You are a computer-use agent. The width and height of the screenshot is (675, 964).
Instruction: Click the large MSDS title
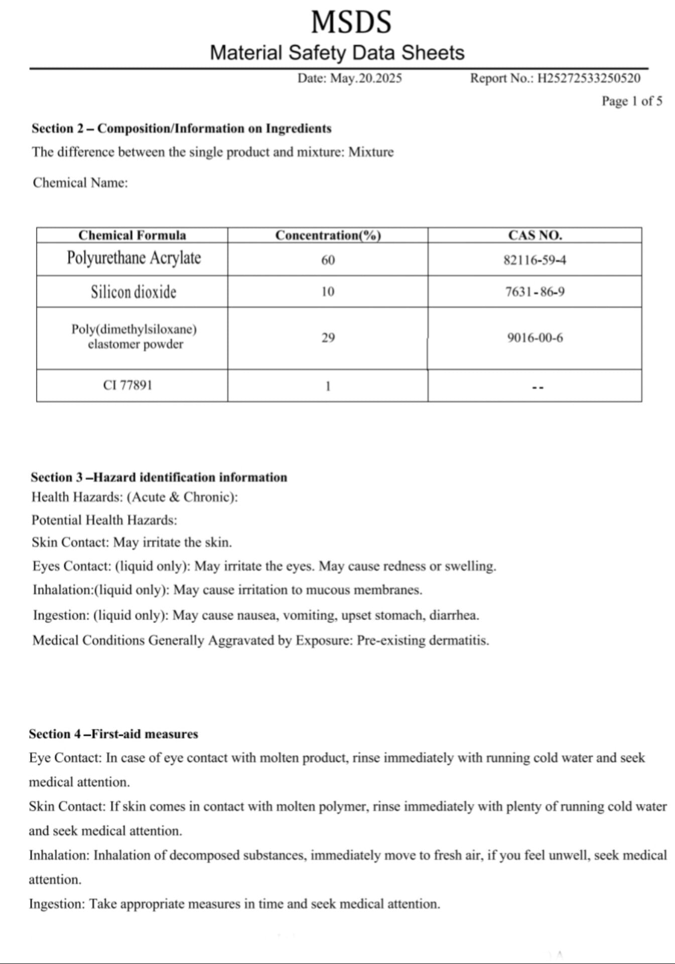(351, 22)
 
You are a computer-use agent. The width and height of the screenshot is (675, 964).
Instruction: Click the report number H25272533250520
(589, 78)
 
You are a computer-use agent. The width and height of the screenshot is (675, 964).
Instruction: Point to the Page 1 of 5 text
(631, 101)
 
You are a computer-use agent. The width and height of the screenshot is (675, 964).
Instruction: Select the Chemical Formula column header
(132, 235)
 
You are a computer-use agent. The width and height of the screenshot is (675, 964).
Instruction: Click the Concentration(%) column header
(328, 235)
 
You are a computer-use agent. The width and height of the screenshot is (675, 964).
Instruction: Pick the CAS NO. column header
(534, 235)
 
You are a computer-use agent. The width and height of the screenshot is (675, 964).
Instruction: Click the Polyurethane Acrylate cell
(133, 258)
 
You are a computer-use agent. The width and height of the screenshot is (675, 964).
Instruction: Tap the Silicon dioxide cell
(133, 292)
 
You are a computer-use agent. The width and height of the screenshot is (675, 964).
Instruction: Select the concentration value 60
(328, 260)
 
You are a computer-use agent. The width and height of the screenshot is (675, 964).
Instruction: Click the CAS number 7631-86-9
(534, 292)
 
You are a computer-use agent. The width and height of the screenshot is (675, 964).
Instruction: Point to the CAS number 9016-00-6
(534, 337)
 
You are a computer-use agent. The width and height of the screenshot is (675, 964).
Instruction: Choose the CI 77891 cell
(127, 385)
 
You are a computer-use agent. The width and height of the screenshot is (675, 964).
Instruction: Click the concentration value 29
(328, 337)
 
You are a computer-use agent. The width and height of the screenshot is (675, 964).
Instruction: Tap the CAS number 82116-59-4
(534, 260)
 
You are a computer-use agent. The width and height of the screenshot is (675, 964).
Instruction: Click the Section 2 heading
(181, 129)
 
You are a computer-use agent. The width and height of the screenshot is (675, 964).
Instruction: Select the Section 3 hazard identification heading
(159, 477)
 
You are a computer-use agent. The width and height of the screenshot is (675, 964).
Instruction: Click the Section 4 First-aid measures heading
(113, 734)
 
